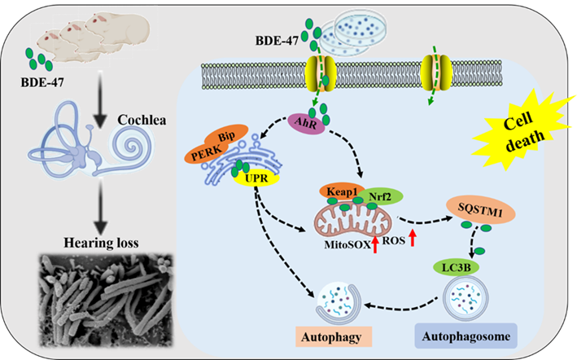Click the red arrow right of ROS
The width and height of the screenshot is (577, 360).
[x=414, y=238]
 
